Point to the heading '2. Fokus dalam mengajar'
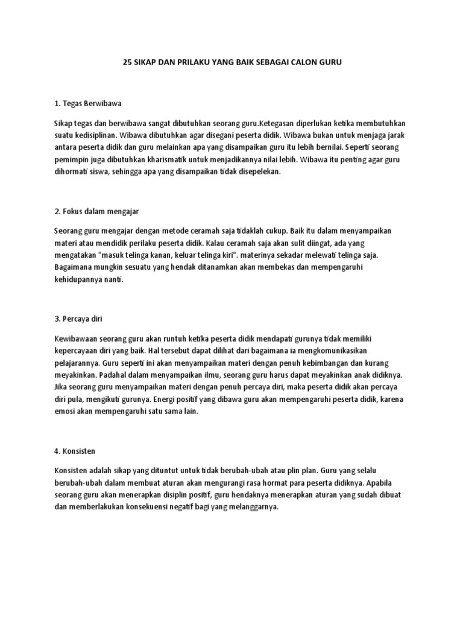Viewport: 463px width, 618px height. coord(96,211)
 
